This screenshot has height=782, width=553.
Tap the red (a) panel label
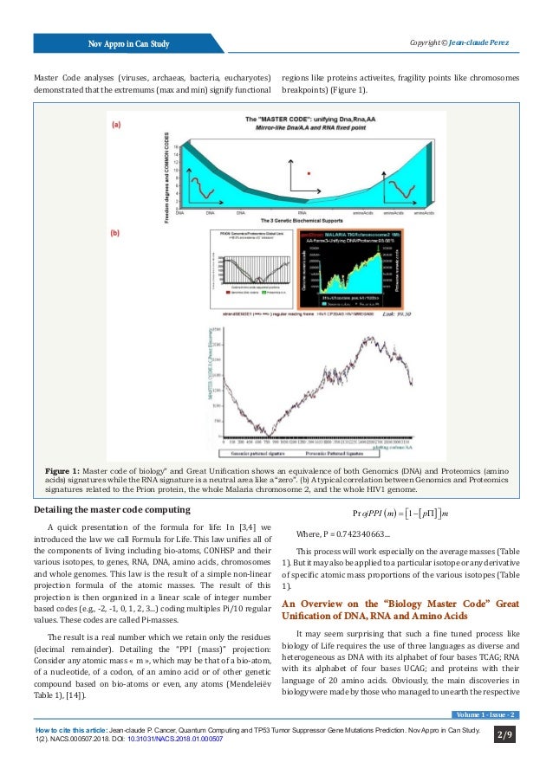(x=116, y=125)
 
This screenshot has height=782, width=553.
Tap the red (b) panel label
(x=116, y=232)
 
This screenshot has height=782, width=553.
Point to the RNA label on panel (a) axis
(x=303, y=212)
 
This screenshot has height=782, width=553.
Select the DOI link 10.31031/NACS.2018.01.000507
(x=176, y=739)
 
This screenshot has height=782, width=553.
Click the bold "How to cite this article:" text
(x=75, y=730)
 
